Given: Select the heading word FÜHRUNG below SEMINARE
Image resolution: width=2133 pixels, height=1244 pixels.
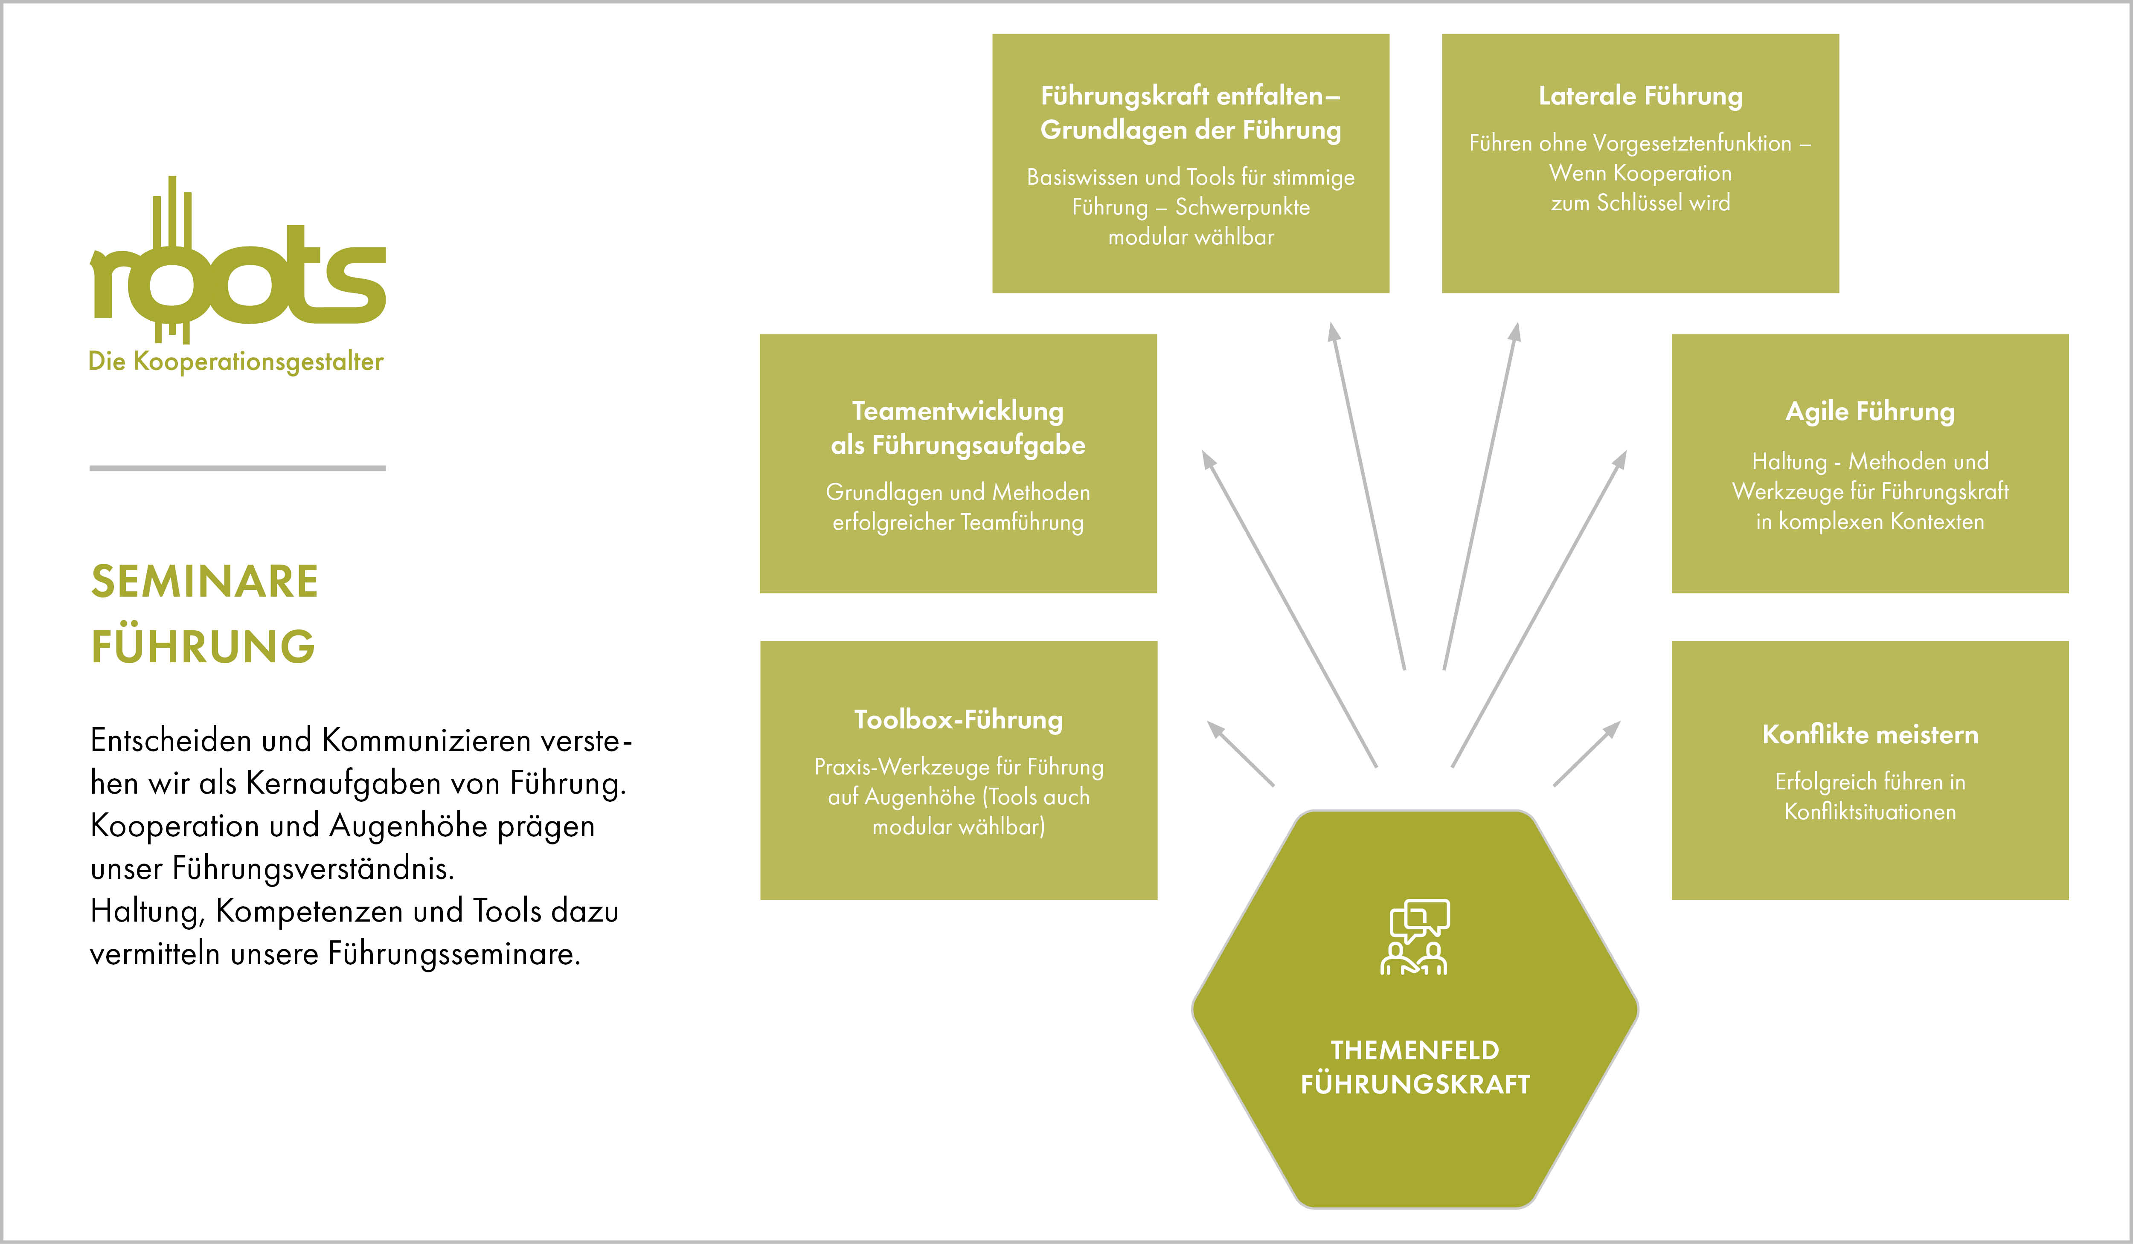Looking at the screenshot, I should click(203, 647).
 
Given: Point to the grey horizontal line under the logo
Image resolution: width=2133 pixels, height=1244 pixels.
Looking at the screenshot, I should click(237, 468).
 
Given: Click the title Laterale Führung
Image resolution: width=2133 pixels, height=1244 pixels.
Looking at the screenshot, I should click(1639, 96).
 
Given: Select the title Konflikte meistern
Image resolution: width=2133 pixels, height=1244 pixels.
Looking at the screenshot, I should click(1870, 734).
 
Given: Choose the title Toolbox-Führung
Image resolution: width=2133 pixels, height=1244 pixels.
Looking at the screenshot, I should click(958, 719).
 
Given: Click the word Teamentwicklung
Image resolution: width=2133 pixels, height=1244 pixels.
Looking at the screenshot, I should click(957, 411).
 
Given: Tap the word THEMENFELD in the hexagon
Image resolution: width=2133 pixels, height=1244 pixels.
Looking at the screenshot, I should click(1414, 1050).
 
